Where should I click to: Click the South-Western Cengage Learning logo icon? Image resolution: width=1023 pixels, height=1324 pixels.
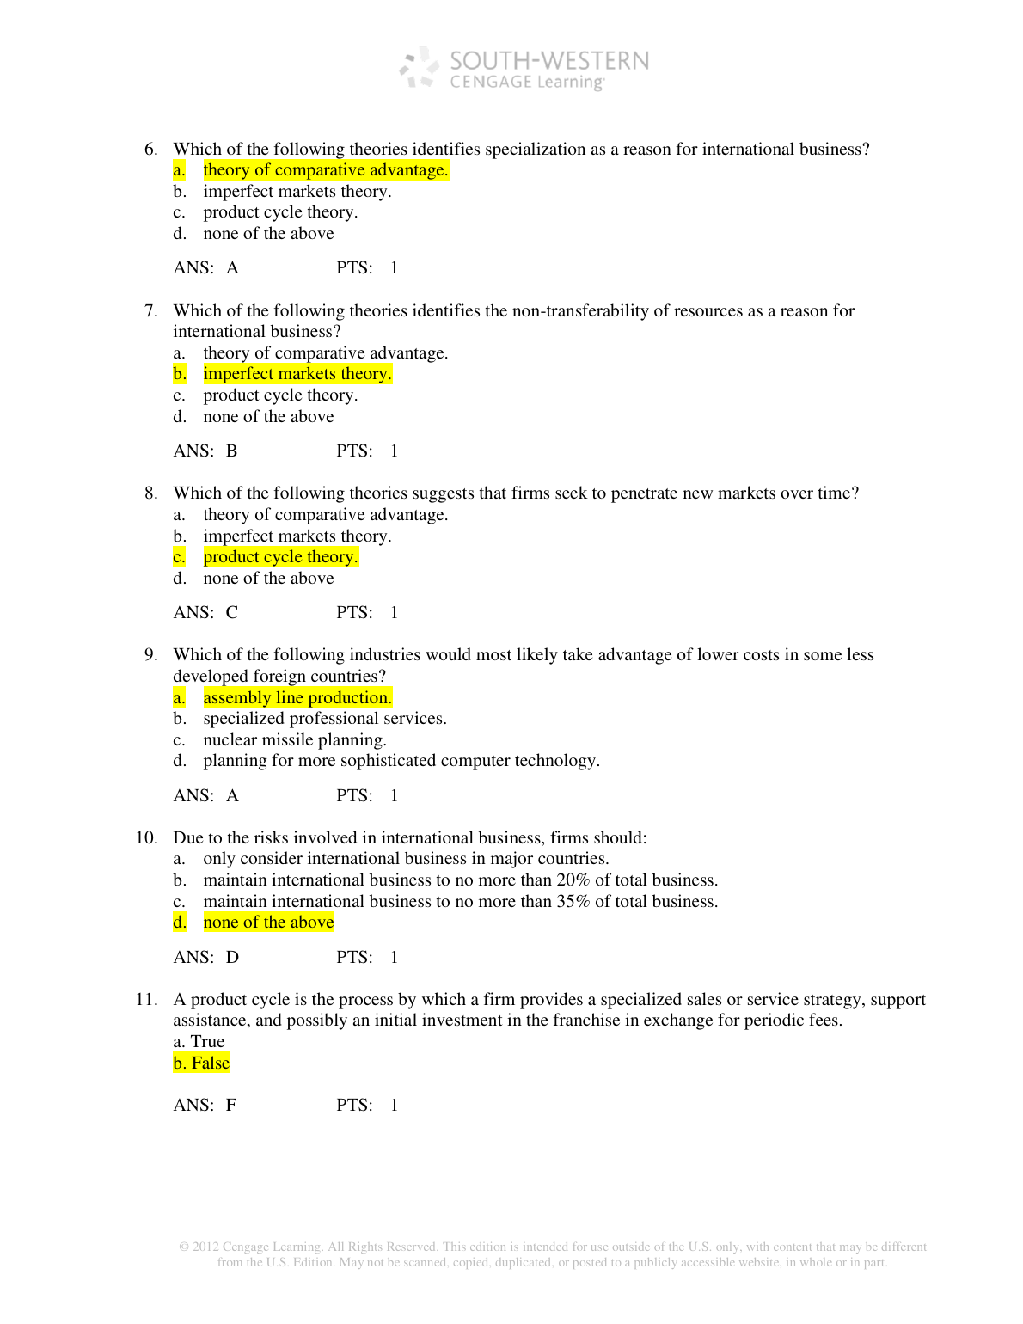[x=419, y=68]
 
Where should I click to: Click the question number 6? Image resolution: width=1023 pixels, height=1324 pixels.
[x=150, y=150]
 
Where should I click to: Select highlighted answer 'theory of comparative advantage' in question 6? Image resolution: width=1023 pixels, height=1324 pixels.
[x=325, y=170]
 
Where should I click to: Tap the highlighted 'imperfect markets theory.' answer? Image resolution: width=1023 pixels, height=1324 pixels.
[x=297, y=374]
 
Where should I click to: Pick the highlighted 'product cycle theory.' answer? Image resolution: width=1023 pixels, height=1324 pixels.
[x=280, y=557]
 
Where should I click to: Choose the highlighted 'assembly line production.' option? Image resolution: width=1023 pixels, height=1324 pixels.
[x=297, y=698]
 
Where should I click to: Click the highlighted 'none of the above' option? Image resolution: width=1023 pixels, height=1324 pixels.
[x=268, y=923]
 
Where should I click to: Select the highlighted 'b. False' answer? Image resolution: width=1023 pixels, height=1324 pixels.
[x=201, y=1063]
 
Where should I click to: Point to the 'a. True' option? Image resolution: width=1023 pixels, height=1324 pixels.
[x=199, y=1042]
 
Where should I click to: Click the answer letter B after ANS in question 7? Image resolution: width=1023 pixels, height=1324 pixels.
[x=231, y=451]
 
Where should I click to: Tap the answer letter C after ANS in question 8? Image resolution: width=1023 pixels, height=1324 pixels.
[x=231, y=613]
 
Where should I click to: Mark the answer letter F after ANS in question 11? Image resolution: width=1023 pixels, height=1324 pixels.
[x=230, y=1106]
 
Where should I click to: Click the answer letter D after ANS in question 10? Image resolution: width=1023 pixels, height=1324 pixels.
[x=232, y=958]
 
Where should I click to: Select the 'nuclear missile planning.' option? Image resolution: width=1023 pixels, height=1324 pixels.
[x=294, y=740]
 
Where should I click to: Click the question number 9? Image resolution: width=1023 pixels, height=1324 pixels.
[x=150, y=655]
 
